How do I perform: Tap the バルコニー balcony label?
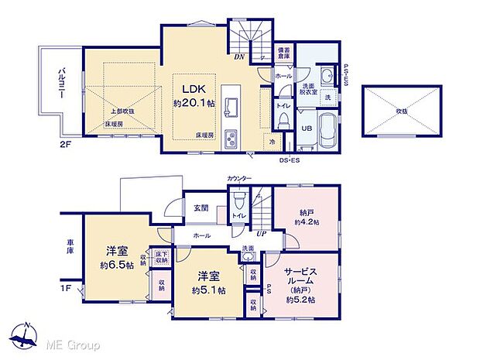pos(58,87)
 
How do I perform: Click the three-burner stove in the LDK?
pos(231,139)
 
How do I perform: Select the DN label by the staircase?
pos(239,57)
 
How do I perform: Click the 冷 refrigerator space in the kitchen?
pos(272,142)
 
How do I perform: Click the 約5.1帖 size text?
pos(209,291)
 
